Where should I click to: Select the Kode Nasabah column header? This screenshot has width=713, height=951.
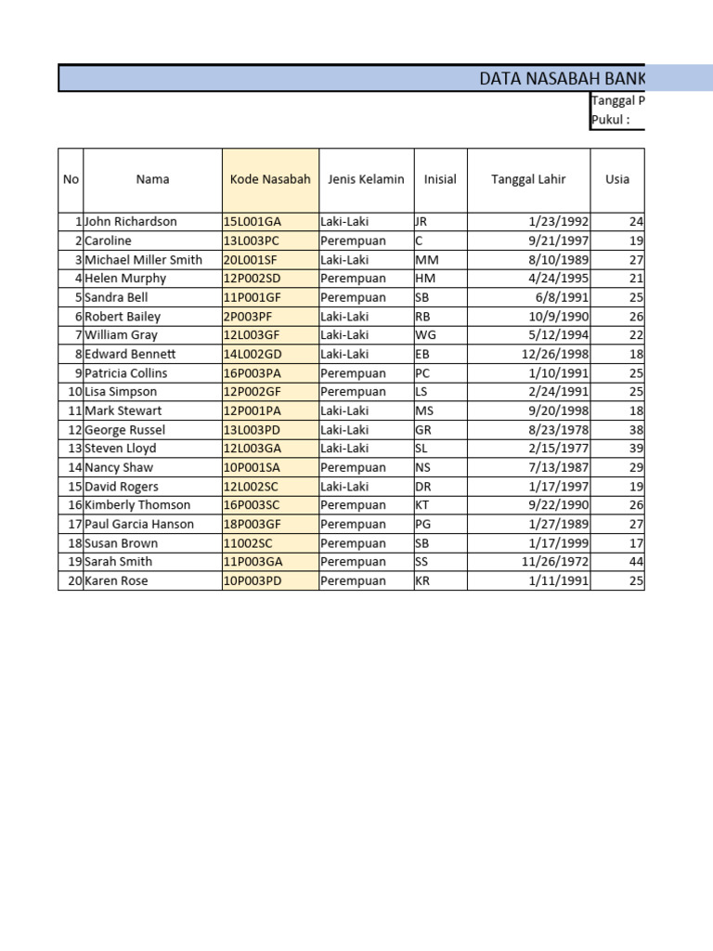point(270,179)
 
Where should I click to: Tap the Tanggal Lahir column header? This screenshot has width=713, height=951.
point(528,179)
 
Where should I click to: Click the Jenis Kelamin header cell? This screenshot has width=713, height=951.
point(366,179)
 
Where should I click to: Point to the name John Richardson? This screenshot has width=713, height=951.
point(131,222)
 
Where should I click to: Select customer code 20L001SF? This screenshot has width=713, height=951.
point(252,260)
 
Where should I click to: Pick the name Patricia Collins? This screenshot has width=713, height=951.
point(126,373)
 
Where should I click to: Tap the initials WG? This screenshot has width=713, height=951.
point(425,335)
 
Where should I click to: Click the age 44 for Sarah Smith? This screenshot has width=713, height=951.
point(636,562)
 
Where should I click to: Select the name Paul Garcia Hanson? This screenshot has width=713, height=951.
point(139,524)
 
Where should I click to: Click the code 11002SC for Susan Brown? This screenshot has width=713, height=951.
point(248,543)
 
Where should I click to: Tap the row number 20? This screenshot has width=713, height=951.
point(75,581)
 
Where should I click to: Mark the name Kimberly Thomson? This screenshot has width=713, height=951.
point(137,505)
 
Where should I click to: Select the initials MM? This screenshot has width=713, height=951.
point(427,260)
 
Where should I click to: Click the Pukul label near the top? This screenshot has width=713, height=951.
point(611,120)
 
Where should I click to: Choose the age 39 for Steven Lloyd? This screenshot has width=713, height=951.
point(636,449)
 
